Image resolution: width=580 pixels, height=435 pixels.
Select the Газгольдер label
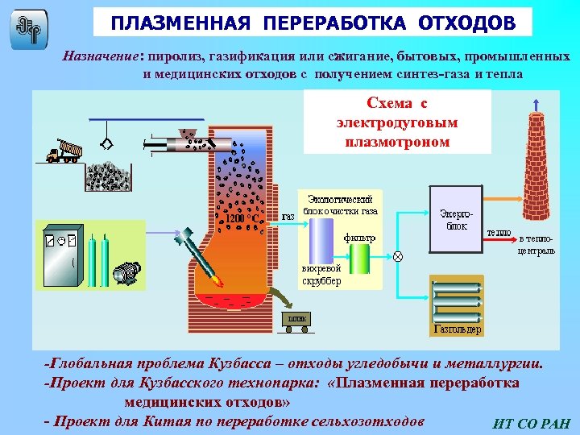pos(457,329)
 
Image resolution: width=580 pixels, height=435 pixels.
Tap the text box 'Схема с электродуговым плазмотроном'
pos(397,122)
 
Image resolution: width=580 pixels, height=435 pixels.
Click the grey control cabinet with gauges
pos(60,251)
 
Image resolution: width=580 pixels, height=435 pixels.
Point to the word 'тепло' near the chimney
pos(499,234)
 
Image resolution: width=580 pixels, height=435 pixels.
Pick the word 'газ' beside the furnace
pos(288,217)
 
